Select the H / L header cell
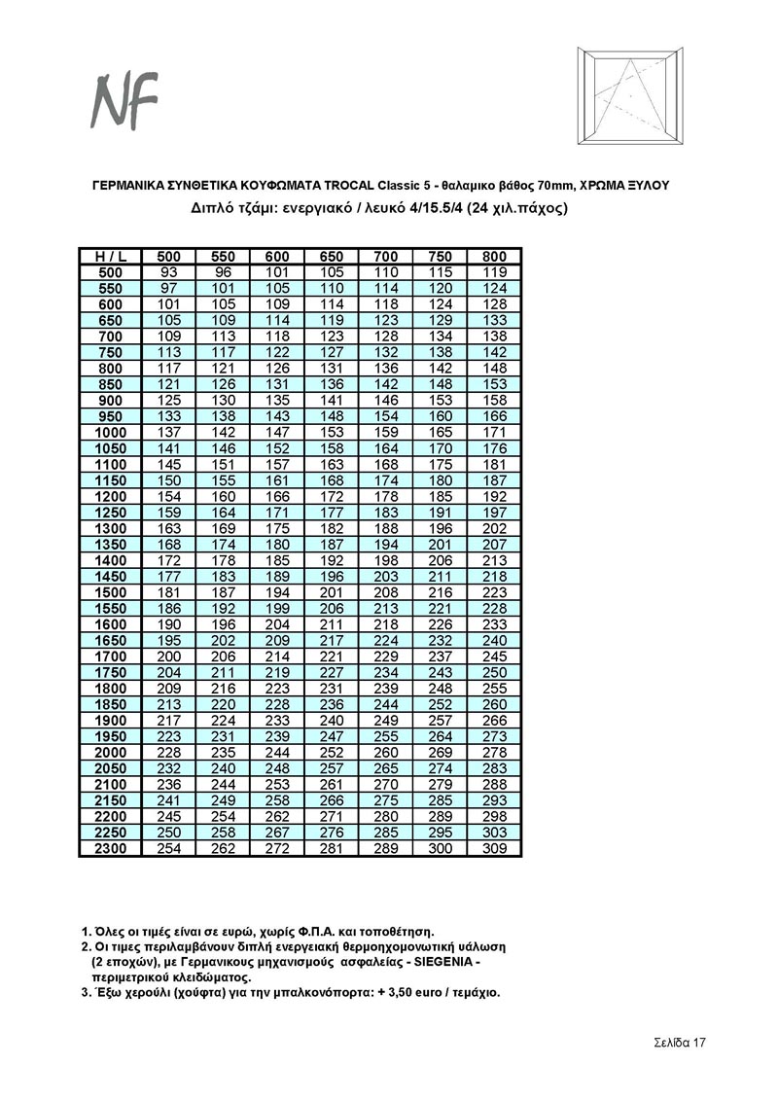[x=110, y=256]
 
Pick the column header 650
[x=333, y=256]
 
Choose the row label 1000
[x=110, y=432]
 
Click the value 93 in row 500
[x=169, y=272]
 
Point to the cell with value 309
[x=495, y=849]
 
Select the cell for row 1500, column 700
[x=386, y=592]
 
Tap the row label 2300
[x=110, y=849]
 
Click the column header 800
[x=495, y=256]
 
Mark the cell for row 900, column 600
[x=278, y=400]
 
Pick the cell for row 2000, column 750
[x=441, y=753]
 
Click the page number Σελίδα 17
[x=679, y=1043]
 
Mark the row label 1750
[x=110, y=672]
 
